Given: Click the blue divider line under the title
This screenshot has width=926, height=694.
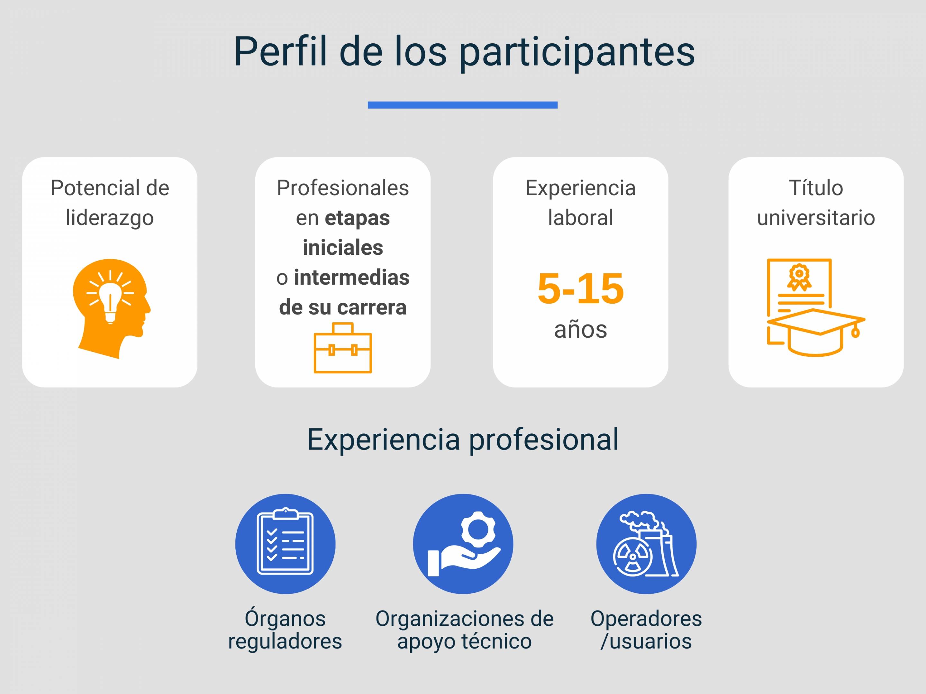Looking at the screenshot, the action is pos(463,105).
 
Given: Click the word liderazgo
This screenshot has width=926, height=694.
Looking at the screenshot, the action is pos(110,218).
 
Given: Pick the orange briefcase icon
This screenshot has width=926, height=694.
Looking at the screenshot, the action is pos(343,348).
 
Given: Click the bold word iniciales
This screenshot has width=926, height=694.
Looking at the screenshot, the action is pos(343,248).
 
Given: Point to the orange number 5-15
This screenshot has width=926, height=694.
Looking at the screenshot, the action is pos(581,288).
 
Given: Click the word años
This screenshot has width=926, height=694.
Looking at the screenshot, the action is pos(581,330).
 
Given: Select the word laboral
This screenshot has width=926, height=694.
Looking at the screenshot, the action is pos(581,218).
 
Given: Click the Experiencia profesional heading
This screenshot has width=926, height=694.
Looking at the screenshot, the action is pos(463,440).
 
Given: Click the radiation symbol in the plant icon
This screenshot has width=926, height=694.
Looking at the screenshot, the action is pos(632,557).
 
